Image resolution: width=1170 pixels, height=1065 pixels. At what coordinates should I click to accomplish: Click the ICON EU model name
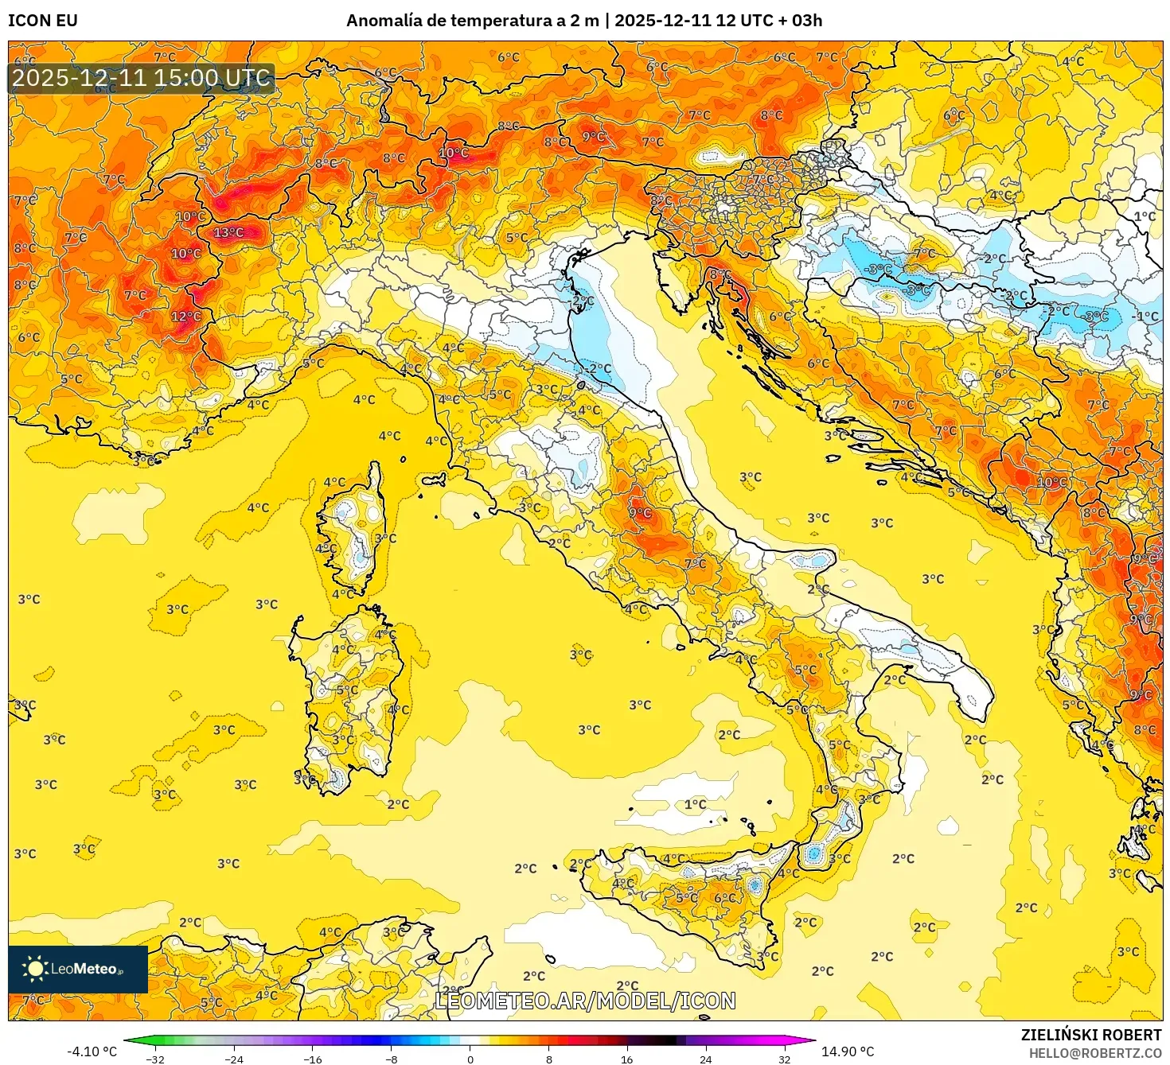pos(43,21)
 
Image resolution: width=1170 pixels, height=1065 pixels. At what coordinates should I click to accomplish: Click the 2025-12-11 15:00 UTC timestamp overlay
pos(142,78)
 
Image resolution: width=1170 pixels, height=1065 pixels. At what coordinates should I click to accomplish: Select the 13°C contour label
pos(228,232)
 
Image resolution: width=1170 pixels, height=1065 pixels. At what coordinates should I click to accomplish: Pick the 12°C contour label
pos(186,316)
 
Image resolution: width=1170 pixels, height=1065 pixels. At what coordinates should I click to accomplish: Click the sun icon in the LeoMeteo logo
pos(35,968)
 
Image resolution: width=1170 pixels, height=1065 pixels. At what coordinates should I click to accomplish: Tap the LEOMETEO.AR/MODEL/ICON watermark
pos(585,1001)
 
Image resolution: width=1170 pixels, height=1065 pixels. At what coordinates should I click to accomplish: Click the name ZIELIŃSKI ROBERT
pos(1091,1035)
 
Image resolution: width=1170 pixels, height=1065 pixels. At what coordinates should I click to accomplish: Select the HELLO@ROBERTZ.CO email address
pos(1095,1053)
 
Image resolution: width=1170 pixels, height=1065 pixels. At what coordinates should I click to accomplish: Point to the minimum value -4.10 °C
pos(92,1051)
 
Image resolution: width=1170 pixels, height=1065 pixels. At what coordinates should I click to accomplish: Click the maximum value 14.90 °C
pos(848,1051)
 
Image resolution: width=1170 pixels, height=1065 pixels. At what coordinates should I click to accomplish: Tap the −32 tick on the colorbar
pos(155,1059)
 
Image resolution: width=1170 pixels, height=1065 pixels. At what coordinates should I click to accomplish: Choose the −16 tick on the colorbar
pos(313,1059)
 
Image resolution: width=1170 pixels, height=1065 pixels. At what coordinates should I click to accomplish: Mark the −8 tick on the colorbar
pos(391,1059)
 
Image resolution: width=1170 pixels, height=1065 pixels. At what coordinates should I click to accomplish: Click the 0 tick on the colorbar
pos(470,1059)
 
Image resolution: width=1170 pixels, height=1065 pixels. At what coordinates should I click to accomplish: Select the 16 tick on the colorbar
pos(627,1059)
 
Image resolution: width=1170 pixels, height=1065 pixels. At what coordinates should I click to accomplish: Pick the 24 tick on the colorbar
pos(706,1059)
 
